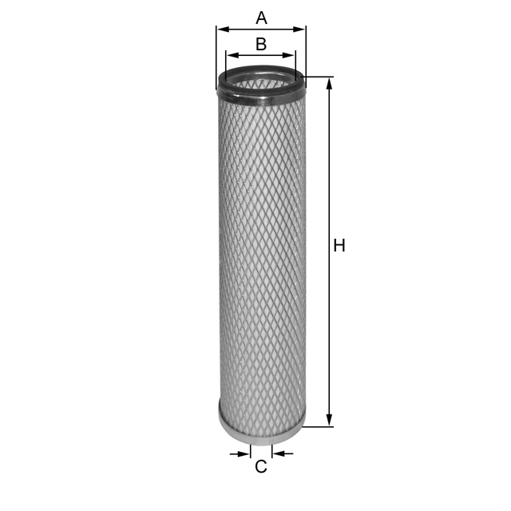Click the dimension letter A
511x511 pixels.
(261, 17)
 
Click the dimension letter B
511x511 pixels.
(261, 44)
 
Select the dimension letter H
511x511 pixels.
(339, 246)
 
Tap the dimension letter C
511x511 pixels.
(261, 467)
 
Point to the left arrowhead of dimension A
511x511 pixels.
(221, 30)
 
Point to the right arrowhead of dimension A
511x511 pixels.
(301, 30)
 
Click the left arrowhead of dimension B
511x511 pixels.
(231, 55)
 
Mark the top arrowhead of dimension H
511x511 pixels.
(329, 82)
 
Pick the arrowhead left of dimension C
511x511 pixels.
(245, 454)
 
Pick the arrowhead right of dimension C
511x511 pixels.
(276, 454)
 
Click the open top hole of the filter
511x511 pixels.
(261, 80)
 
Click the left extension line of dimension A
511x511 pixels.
(216, 56)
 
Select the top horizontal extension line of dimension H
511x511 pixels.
(318, 77)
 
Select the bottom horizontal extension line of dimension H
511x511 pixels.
(318, 427)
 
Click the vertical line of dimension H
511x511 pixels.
(329, 319)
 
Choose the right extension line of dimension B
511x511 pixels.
(295, 64)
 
